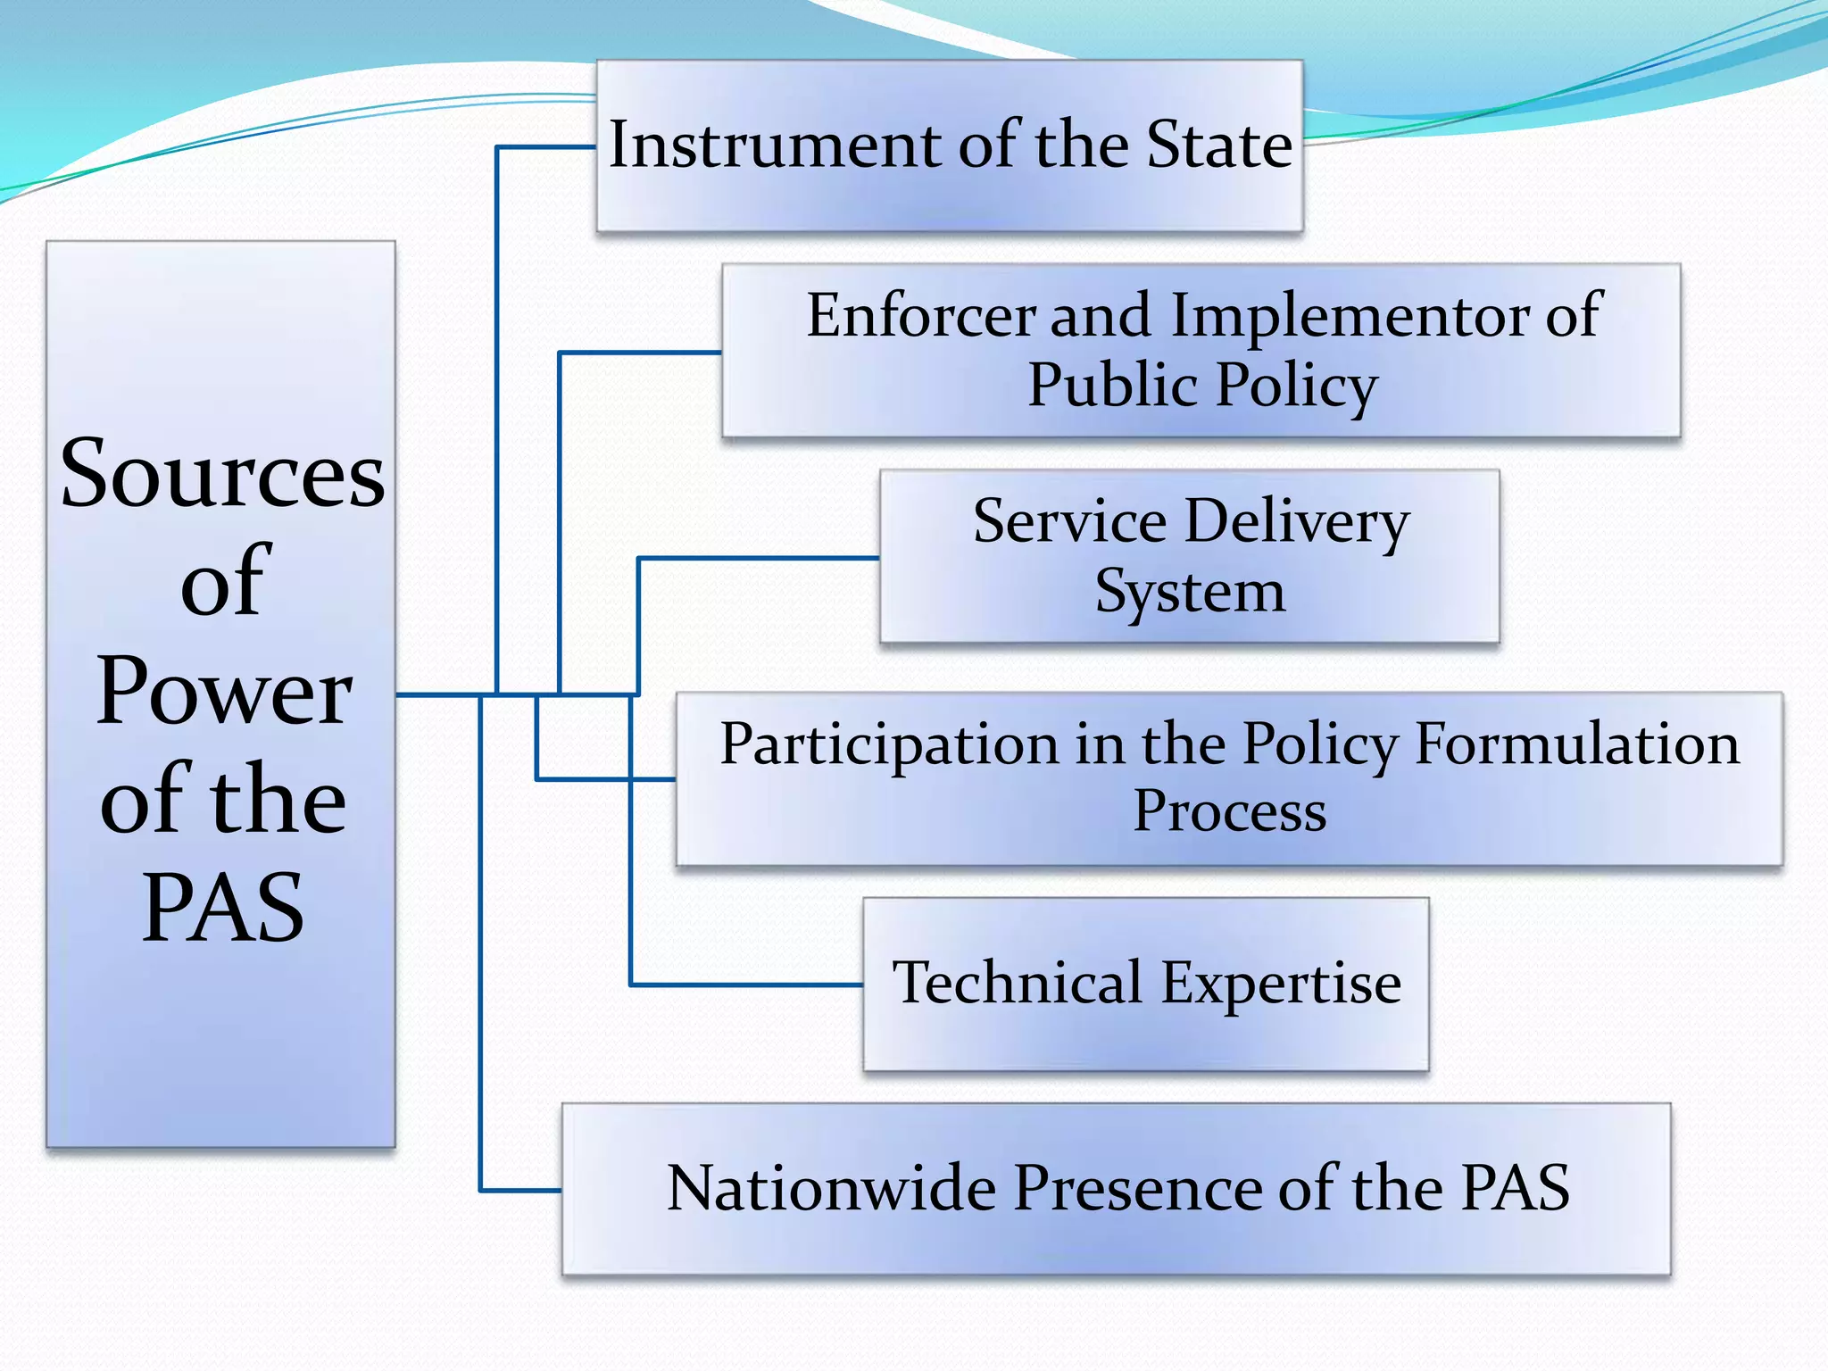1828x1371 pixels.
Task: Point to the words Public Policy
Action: click(1202, 386)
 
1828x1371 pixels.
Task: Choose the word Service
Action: click(1069, 521)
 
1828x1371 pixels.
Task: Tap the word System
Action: click(1190, 592)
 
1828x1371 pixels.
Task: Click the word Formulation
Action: click(1577, 744)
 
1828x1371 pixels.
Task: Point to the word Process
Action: click(1229, 812)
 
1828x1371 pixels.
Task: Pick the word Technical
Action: click(1018, 983)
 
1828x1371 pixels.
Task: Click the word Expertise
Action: click(1282, 985)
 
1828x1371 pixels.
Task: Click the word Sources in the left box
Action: click(222, 476)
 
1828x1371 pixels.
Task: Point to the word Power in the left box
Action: click(224, 691)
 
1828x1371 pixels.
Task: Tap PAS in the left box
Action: click(223, 908)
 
